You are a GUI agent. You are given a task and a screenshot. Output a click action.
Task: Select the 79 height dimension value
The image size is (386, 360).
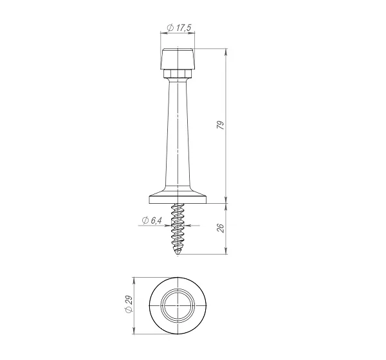pyautogui.click(x=220, y=125)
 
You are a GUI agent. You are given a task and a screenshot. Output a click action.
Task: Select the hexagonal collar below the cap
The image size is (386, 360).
pyautogui.click(x=178, y=75)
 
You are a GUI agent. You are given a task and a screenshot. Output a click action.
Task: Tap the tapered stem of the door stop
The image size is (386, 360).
pyautogui.click(x=178, y=135)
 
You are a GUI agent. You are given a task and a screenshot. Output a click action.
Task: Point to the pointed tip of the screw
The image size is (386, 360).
pyautogui.click(x=178, y=255)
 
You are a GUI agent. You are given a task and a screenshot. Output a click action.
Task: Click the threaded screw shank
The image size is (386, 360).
pyautogui.click(x=178, y=228)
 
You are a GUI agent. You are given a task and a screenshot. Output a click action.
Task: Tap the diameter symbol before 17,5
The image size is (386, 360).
pyautogui.click(x=170, y=28)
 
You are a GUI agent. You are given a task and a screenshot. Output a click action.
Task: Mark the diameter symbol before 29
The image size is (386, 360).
pyautogui.click(x=127, y=313)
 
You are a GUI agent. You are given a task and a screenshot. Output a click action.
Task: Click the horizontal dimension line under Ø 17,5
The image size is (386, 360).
pyautogui.click(x=178, y=34)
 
